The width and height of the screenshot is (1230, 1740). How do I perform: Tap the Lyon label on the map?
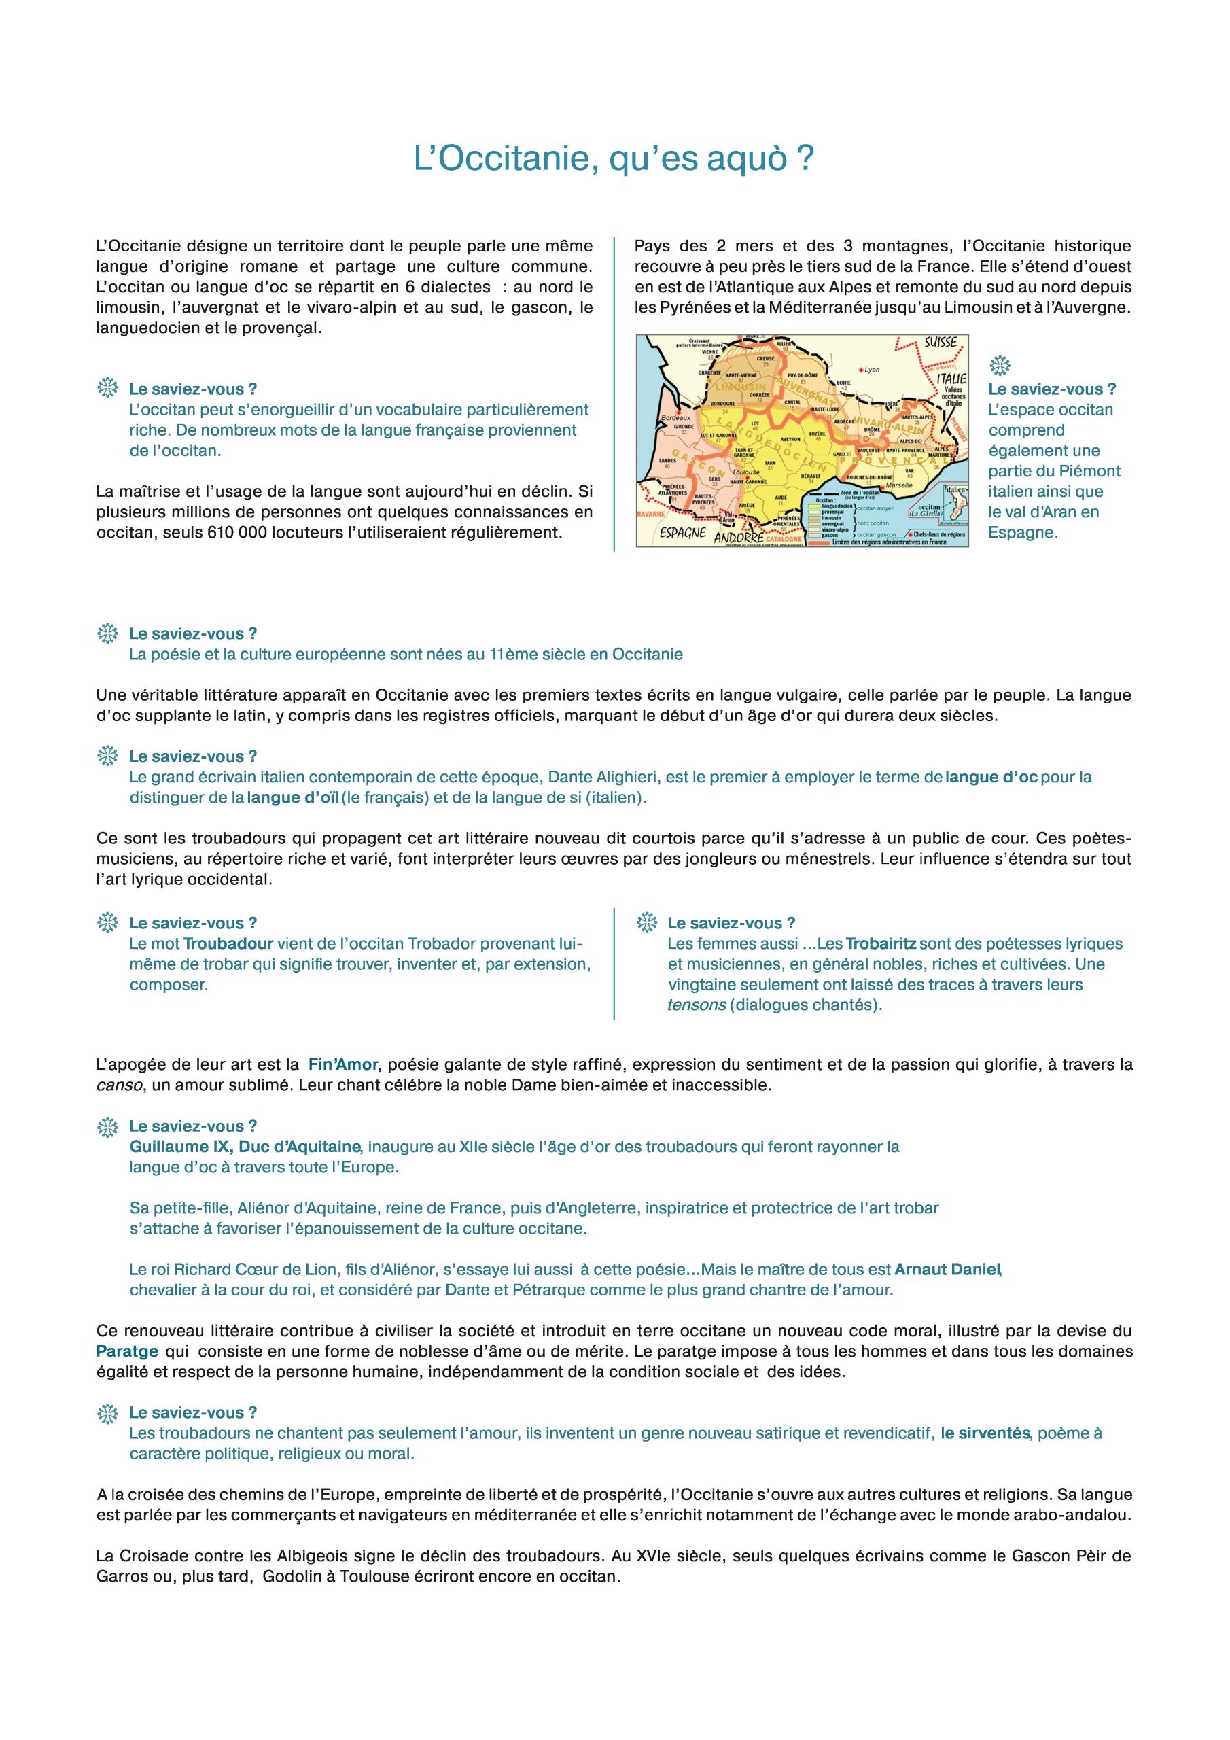872,370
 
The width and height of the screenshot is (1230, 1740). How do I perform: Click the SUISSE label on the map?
941,343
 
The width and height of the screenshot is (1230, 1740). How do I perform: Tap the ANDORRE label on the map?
738,535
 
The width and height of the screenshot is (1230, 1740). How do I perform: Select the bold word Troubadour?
228,944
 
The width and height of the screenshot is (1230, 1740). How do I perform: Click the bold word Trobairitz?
881,944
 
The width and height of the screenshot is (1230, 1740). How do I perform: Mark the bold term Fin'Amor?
342,1064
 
